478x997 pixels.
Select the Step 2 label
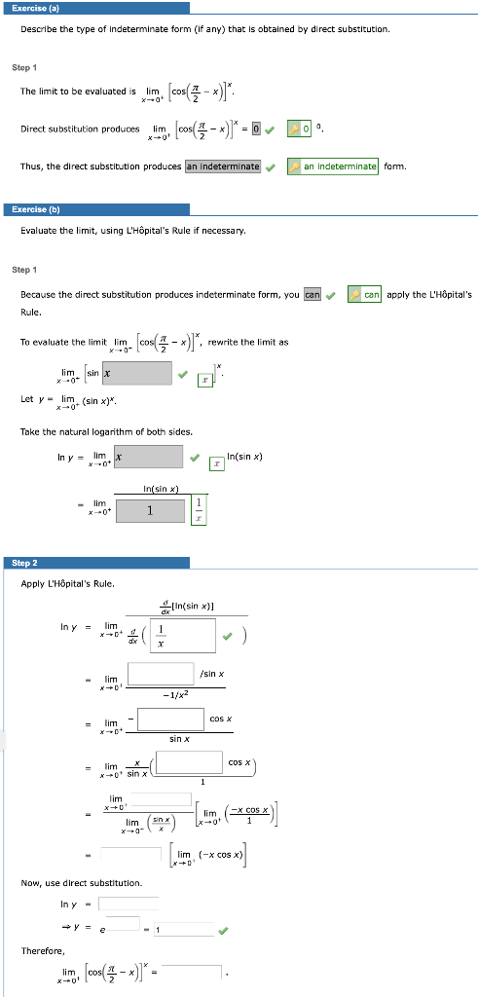(x=24, y=563)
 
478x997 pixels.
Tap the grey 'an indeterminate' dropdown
(x=223, y=166)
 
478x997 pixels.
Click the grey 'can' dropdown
(x=312, y=294)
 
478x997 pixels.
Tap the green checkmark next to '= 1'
(x=225, y=930)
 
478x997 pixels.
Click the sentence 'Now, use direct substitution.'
(x=82, y=882)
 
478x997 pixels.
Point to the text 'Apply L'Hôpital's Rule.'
(x=68, y=583)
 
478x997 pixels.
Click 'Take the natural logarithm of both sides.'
(x=92, y=431)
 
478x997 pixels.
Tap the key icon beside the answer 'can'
(x=355, y=294)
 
